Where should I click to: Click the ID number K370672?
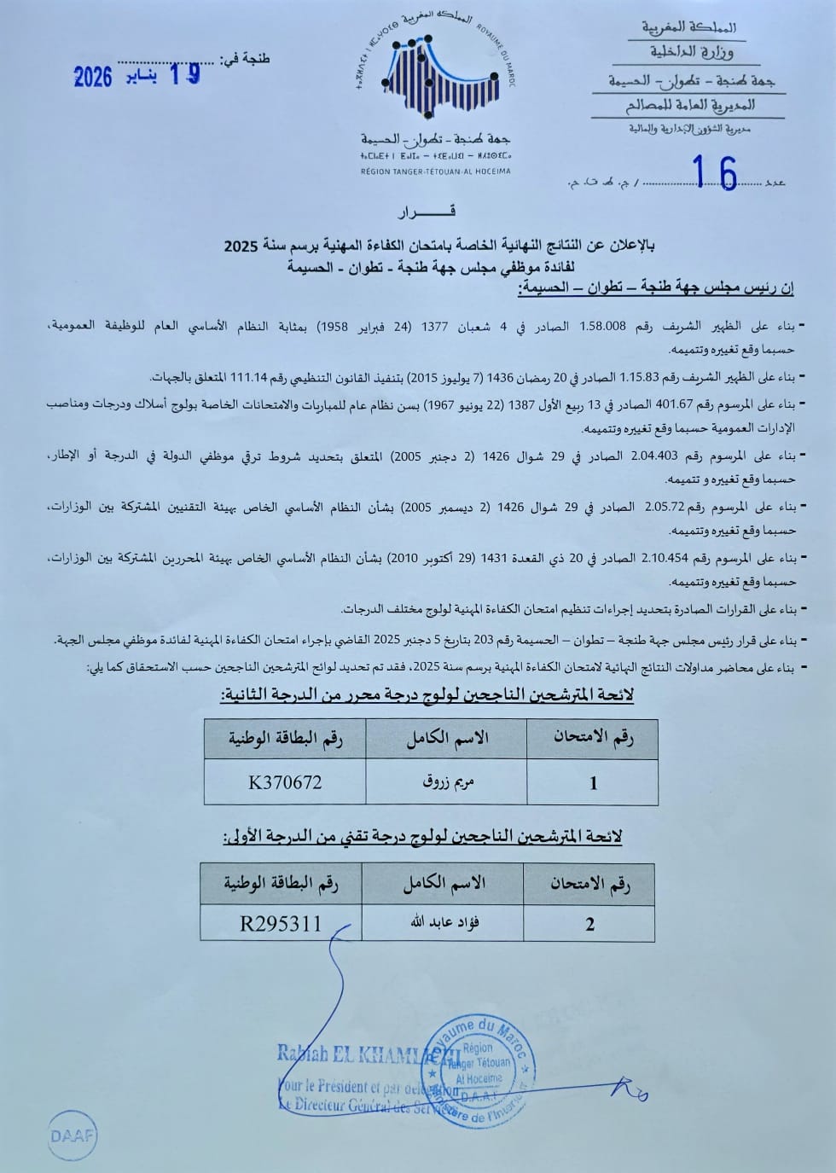tap(285, 782)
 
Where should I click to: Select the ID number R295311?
tap(282, 923)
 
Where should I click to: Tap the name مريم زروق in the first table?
tap(446, 782)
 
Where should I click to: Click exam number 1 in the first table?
tap(594, 783)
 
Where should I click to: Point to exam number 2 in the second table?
tap(589, 924)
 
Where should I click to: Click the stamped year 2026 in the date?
tap(93, 77)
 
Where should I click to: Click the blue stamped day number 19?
tap(185, 74)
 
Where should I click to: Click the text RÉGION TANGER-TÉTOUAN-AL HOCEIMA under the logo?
tap(435, 171)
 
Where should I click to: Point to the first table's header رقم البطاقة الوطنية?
tap(285, 738)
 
